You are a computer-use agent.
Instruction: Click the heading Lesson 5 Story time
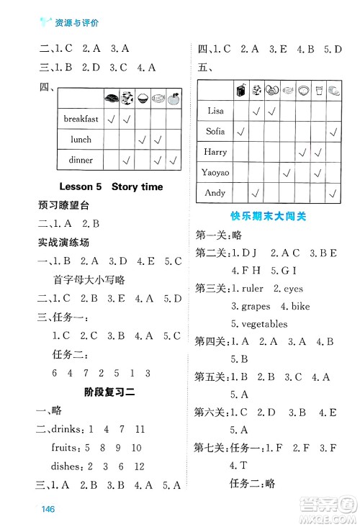pyautogui.click(x=122, y=186)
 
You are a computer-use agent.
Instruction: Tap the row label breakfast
pyautogui.click(x=81, y=119)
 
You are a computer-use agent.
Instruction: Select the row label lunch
pyautogui.click(x=81, y=139)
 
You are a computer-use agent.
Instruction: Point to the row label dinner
pyautogui.click(x=81, y=160)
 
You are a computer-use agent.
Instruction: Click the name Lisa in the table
pyautogui.click(x=215, y=111)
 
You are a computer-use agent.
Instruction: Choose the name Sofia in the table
pyautogui.click(x=215, y=132)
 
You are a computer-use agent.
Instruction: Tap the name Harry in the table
pyautogui.click(x=215, y=152)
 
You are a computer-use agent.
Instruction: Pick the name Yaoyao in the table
pyautogui.click(x=215, y=173)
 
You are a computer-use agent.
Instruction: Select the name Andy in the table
pyautogui.click(x=215, y=193)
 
